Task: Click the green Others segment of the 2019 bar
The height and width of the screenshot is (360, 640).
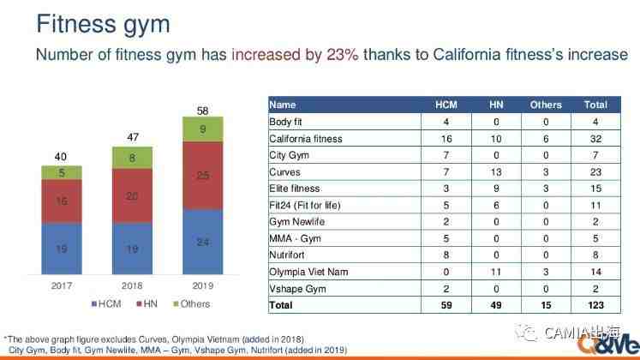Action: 202,129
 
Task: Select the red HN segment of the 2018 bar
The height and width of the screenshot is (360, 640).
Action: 132,196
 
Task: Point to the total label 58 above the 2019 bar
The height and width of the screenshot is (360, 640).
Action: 202,111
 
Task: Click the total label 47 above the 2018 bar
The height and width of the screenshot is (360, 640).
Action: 132,137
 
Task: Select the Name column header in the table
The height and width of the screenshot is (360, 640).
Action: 283,105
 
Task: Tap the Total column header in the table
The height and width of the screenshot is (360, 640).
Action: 595,105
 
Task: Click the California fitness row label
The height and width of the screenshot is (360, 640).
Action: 306,138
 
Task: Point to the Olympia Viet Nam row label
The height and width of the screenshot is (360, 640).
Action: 308,272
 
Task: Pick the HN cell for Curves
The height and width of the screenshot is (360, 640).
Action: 496,171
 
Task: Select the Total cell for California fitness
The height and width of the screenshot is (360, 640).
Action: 595,138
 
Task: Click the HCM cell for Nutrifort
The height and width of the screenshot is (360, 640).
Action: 446,255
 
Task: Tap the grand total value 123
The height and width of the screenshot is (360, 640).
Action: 595,305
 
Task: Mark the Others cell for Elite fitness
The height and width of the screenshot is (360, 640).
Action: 546,189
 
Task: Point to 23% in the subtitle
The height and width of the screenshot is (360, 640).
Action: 342,55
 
